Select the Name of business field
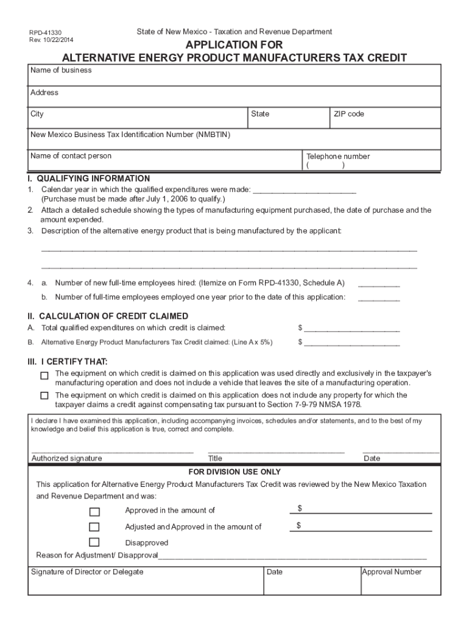point(234,76)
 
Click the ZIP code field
point(386,118)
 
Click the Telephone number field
point(372,160)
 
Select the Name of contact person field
point(166,160)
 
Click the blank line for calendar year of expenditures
point(304,190)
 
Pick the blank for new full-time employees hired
point(379,283)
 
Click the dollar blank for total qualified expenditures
point(351,328)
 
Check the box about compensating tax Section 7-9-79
point(44,395)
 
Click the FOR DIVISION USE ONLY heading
point(234,472)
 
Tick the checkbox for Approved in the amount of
point(94,511)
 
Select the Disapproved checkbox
point(94,542)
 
